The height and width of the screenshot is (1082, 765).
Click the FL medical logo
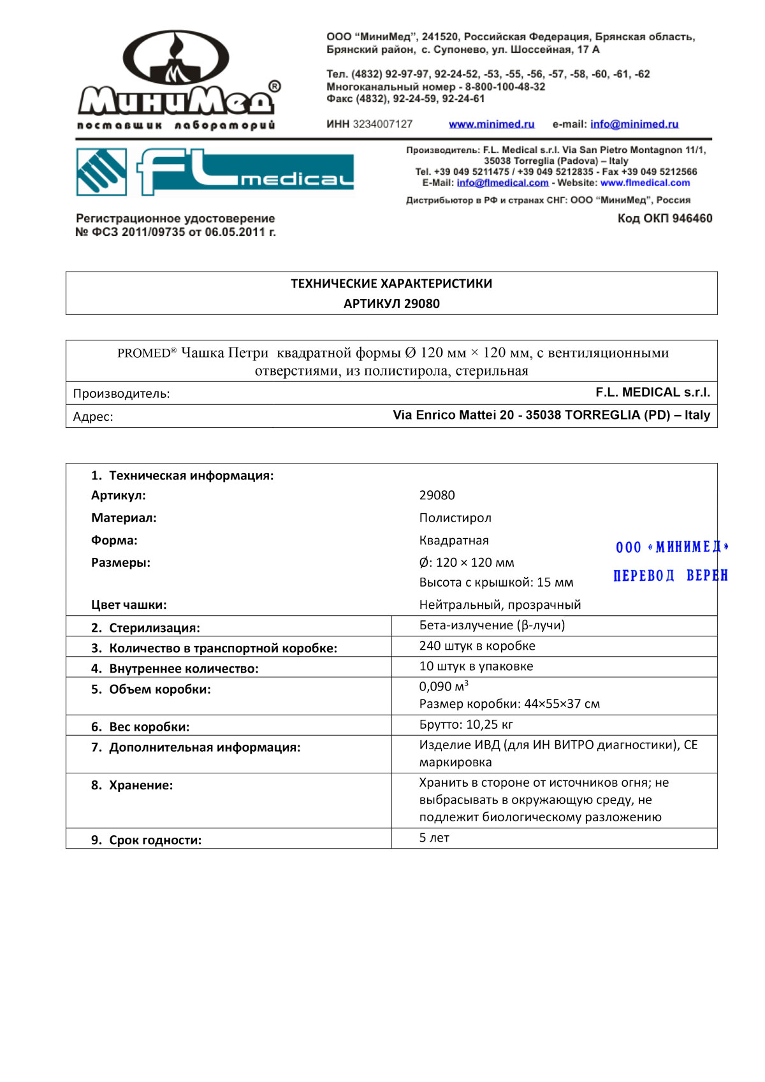coord(215,172)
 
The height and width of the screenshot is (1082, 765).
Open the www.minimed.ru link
coord(492,124)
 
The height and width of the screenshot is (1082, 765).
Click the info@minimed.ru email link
coord(634,124)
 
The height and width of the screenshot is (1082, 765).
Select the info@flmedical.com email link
coord(502,183)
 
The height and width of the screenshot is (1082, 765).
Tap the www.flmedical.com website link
coord(645,183)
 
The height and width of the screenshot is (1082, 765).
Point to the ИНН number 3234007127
coord(382,124)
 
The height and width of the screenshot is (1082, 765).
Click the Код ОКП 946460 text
coord(664,219)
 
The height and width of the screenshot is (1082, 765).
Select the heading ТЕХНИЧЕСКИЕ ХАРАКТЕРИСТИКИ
coord(391,284)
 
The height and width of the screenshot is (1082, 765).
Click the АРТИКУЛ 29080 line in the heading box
coord(391,303)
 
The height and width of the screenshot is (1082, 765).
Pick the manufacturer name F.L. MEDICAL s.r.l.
coord(652,392)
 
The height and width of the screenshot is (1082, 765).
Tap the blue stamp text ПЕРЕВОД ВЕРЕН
coord(669,576)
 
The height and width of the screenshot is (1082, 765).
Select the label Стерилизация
coord(154,628)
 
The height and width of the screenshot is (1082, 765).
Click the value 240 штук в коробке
coord(477,646)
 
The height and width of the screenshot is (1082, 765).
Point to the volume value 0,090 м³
coord(443,687)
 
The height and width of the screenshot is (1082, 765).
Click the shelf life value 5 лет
coord(433,838)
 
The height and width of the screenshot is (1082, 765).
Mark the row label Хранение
coord(140,786)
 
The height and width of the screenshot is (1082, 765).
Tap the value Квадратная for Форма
coord(453,541)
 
